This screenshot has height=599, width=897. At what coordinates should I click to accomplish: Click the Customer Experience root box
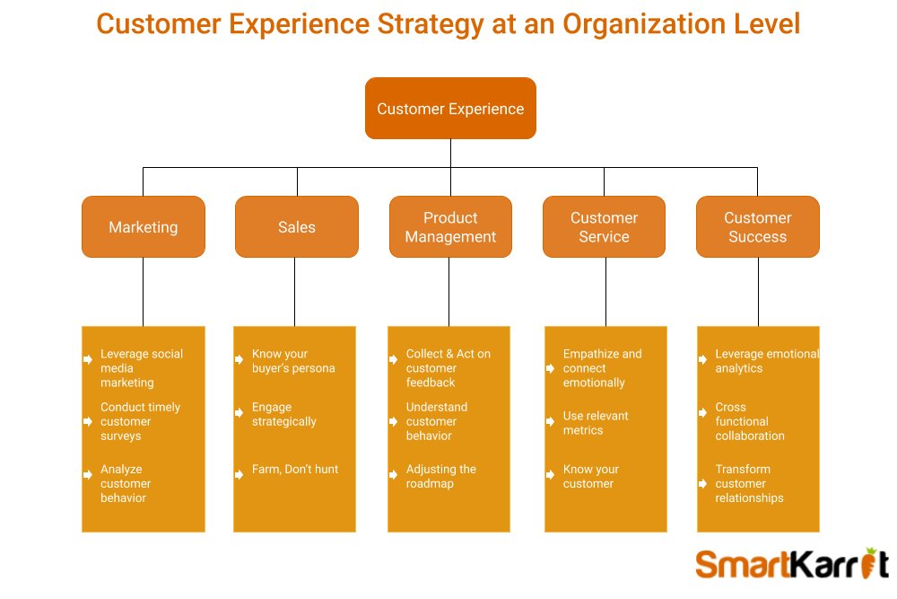click(x=451, y=109)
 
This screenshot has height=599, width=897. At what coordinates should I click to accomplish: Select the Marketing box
click(x=144, y=227)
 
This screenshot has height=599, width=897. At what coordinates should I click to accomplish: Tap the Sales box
click(x=297, y=227)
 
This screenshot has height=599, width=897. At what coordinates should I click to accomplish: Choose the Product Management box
click(x=451, y=227)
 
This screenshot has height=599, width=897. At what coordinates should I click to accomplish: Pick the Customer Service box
click(x=604, y=227)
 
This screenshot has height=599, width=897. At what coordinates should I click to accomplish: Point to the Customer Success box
click(x=758, y=227)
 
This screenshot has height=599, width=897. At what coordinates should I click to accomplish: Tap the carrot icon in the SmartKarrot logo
click(x=869, y=563)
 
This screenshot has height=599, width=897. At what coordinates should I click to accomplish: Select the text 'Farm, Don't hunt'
click(x=295, y=470)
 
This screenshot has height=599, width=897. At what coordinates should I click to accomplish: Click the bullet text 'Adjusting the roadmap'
click(x=441, y=477)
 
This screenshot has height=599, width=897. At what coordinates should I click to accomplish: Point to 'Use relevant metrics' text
click(x=596, y=423)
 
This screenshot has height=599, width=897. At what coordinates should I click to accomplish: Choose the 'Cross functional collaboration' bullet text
click(x=750, y=421)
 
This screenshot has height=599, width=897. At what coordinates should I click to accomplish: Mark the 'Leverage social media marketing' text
click(x=142, y=368)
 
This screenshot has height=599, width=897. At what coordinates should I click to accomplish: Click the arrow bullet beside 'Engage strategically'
click(x=239, y=413)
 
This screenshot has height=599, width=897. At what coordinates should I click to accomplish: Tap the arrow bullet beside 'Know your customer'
click(x=551, y=475)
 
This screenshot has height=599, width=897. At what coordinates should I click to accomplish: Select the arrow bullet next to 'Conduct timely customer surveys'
click(x=88, y=421)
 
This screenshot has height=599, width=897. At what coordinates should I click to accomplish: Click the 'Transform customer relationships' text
click(x=749, y=483)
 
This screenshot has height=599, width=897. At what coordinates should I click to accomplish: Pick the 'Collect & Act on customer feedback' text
click(x=448, y=368)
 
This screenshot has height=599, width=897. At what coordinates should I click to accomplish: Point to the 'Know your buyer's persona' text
click(x=293, y=361)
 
